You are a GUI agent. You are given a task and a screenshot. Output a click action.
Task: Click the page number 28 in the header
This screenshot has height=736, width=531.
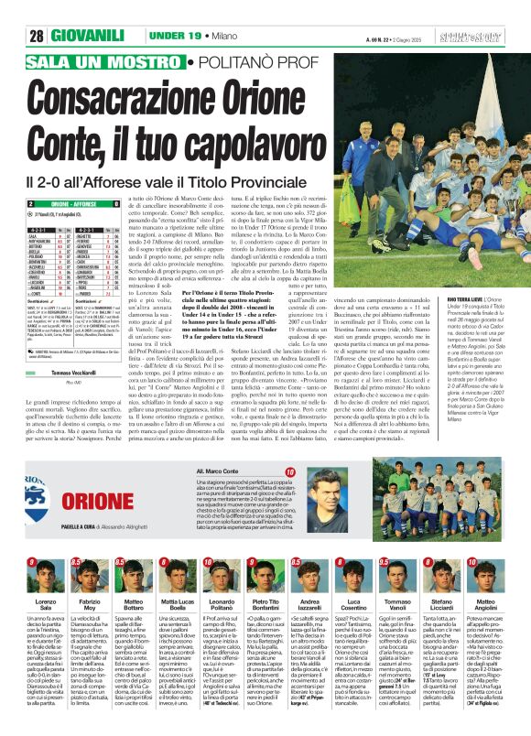(37, 36)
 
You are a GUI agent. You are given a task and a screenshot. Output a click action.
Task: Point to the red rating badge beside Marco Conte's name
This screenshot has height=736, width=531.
(289, 497)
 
